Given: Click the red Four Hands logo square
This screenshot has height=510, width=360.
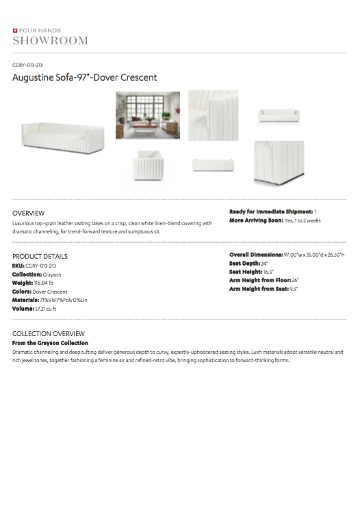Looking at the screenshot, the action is (x=15, y=31).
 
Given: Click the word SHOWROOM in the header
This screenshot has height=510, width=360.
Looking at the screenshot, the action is (x=50, y=40).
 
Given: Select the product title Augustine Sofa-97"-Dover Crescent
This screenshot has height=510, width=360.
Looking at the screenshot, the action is (x=85, y=77).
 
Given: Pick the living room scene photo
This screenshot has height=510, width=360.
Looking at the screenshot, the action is (x=148, y=115).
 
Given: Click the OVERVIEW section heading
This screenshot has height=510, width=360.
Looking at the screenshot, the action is (x=29, y=213).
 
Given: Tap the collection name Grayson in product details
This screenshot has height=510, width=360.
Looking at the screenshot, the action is (x=53, y=274).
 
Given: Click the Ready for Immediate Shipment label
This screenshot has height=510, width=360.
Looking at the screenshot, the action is (x=270, y=212).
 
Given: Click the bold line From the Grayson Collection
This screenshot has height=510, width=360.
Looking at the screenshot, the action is (x=50, y=342).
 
